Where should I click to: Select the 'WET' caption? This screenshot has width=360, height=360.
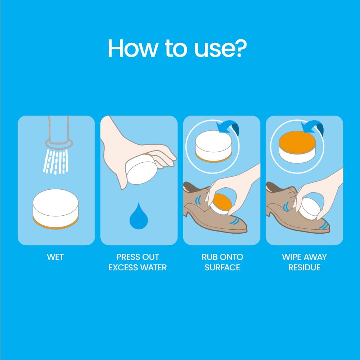tap(55, 257)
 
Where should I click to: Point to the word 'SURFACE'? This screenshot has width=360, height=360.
tap(222, 267)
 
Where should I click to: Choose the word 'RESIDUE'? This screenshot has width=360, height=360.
tap(304, 267)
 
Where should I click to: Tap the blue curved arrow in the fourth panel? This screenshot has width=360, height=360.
tap(312, 128)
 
